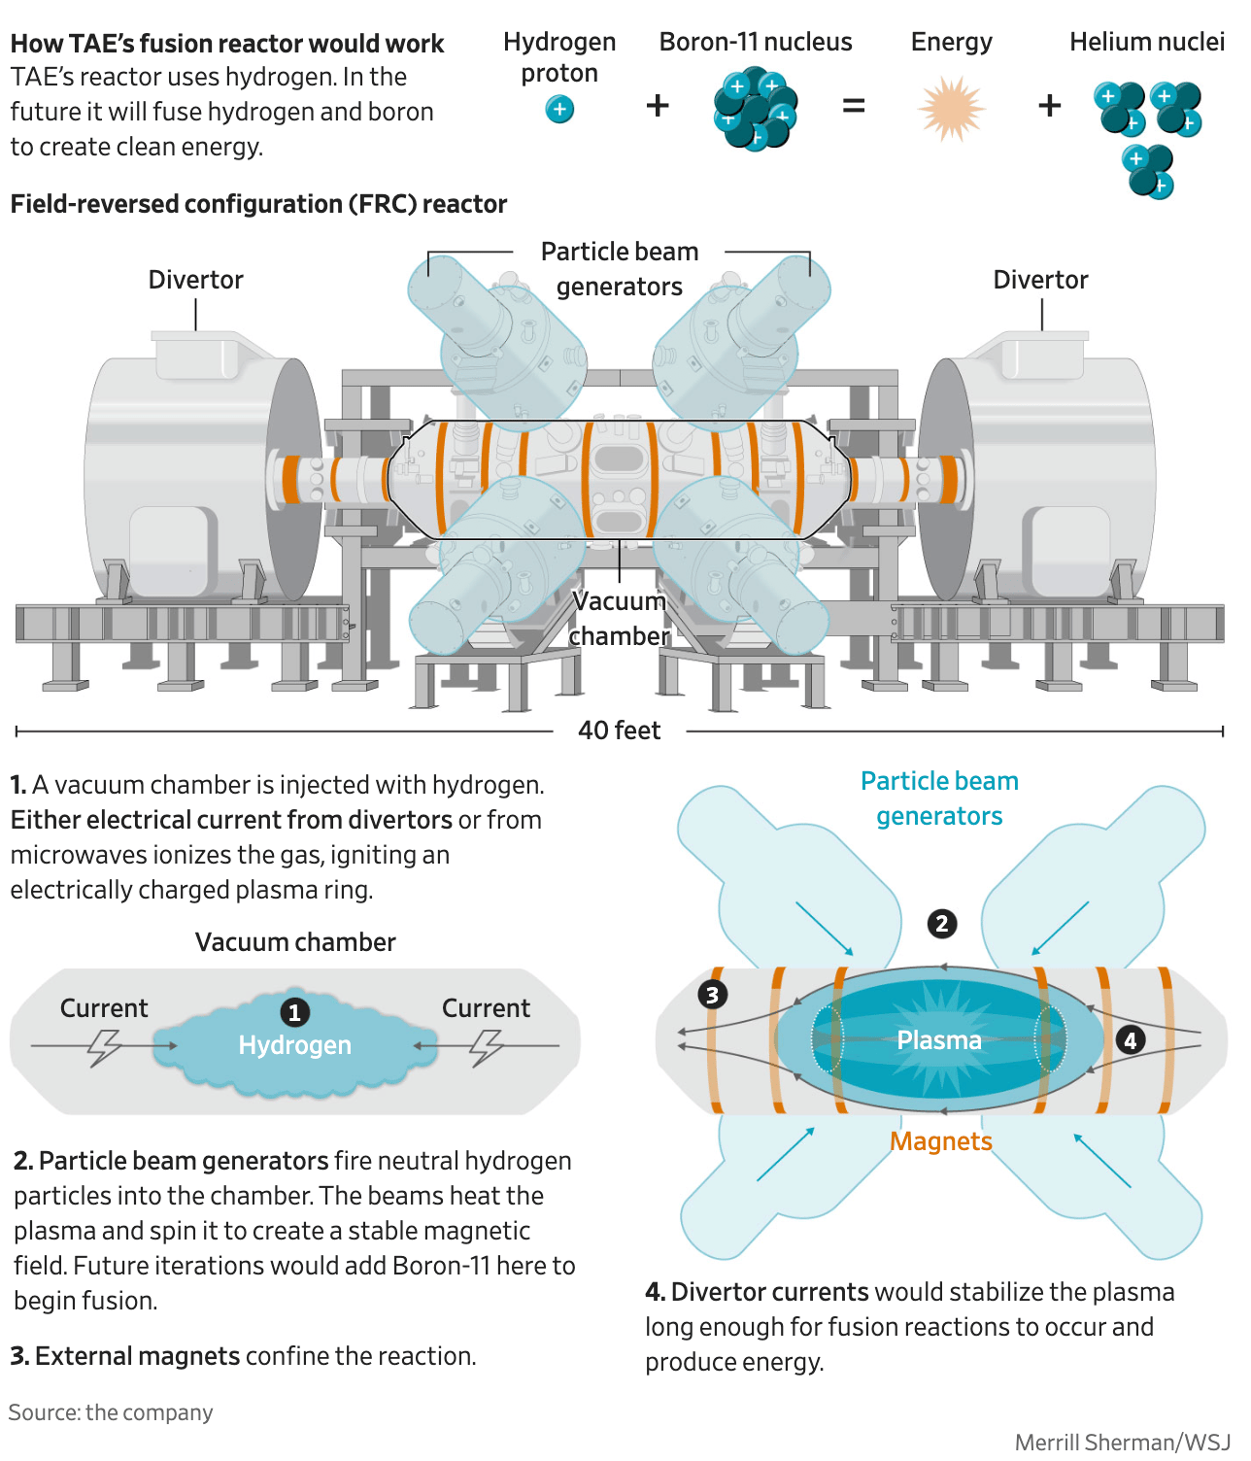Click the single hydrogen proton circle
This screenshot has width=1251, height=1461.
pyautogui.click(x=559, y=110)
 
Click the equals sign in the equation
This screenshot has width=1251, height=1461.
pyautogui.click(x=853, y=106)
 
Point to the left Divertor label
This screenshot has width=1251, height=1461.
pyautogui.click(x=195, y=280)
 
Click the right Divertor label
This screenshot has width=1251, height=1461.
pyautogui.click(x=1040, y=280)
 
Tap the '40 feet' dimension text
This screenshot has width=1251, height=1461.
pyautogui.click(x=619, y=730)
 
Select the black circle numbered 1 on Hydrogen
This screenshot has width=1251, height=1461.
pyautogui.click(x=294, y=1012)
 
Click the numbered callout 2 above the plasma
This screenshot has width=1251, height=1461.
pyautogui.click(x=941, y=923)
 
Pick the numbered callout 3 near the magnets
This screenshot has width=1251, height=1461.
pyautogui.click(x=713, y=994)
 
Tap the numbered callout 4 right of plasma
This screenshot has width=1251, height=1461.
pyautogui.click(x=1130, y=1040)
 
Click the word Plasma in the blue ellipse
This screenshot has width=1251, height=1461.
pyautogui.click(x=939, y=1040)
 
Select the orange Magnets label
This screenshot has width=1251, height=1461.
pyautogui.click(x=941, y=1141)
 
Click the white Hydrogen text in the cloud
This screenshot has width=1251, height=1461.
pyautogui.click(x=295, y=1045)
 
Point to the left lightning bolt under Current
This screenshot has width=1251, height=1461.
pyautogui.click(x=103, y=1047)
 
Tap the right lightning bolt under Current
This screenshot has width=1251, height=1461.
pyautogui.click(x=486, y=1047)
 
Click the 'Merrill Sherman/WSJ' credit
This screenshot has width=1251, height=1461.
pyautogui.click(x=1122, y=1443)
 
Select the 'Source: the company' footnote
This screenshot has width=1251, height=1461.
pyautogui.click(x=111, y=1412)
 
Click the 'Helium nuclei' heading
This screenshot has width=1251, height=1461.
pyautogui.click(x=1147, y=42)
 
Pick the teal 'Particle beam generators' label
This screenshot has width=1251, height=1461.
pyautogui.click(x=939, y=798)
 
